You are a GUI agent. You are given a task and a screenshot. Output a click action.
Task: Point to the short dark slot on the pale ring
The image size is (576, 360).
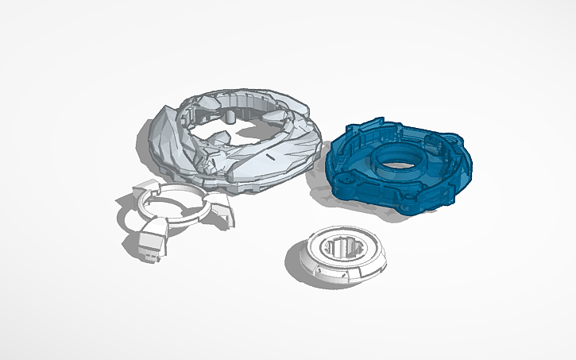click(x=271, y=158)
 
